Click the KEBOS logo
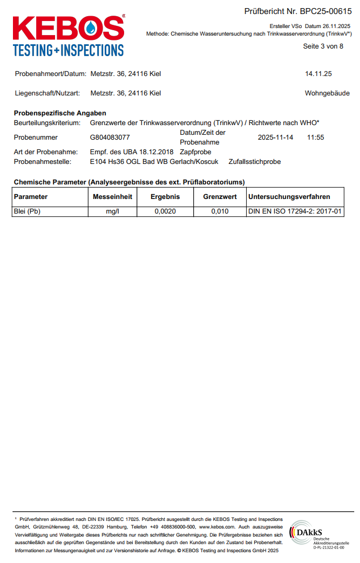[69, 35]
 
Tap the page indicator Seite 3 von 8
[323, 46]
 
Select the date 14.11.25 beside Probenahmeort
[318, 74]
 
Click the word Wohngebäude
[327, 93]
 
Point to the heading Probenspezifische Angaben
[60, 113]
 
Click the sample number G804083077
[110, 138]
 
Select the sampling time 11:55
[315, 138]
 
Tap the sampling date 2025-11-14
[275, 138]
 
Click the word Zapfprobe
[195, 152]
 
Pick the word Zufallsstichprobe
[254, 162]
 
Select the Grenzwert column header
[220, 197]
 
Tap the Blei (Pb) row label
[27, 211]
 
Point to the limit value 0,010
[220, 211]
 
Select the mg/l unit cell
[113, 211]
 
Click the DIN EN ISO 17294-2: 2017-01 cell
[295, 211]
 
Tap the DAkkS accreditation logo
[317, 534]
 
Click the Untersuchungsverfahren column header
[289, 197]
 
